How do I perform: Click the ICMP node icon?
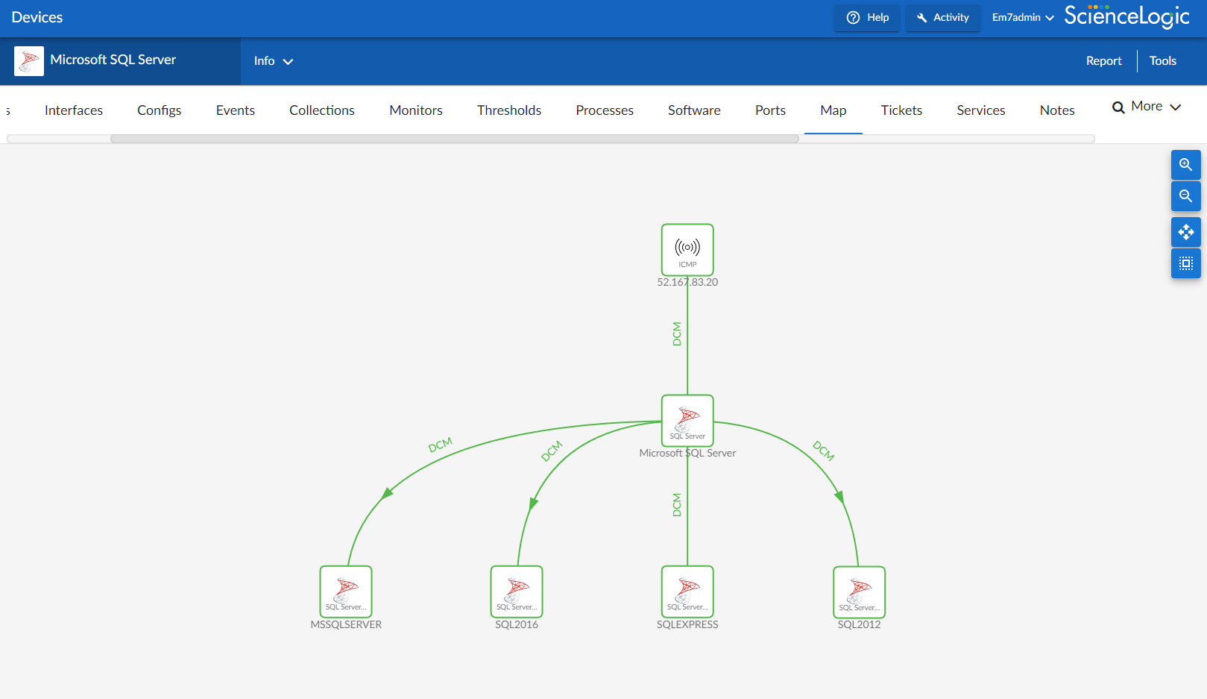(687, 250)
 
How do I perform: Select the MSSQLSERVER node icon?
(345, 591)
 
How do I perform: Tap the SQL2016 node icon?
(516, 591)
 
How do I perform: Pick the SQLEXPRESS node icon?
(687, 591)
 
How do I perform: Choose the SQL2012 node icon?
(859, 592)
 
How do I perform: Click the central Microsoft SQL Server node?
(687, 421)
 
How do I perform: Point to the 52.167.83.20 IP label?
(687, 282)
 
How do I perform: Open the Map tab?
(833, 110)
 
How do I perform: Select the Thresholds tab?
(508, 110)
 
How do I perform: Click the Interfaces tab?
(73, 110)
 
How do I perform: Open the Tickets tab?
(901, 110)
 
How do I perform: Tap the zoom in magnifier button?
(1185, 165)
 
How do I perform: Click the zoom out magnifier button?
(1185, 195)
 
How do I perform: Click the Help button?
(867, 17)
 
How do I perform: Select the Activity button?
(943, 17)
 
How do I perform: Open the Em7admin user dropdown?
(1023, 17)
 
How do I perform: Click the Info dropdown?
(273, 61)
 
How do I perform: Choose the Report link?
(1103, 61)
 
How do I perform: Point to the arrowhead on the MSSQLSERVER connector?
(387, 493)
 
